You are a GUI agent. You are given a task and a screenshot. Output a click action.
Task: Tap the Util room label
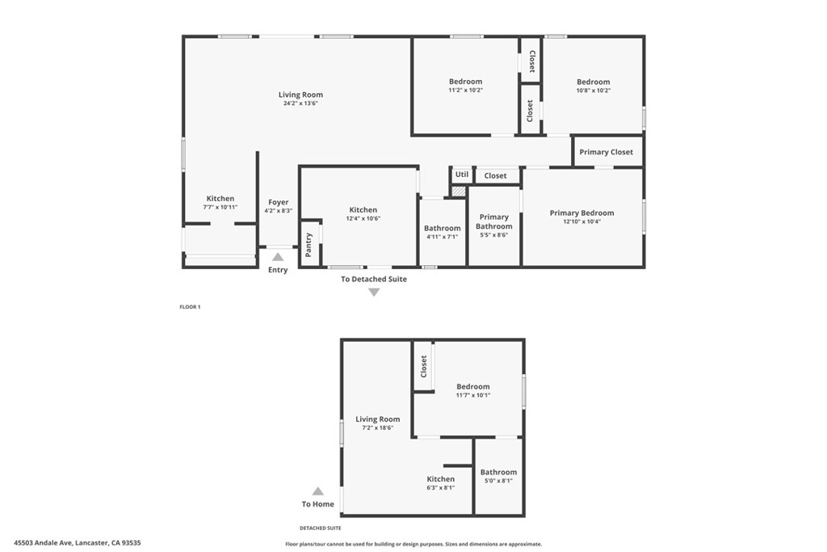coord(461,174)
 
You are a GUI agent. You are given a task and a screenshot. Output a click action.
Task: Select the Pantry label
coord(309,244)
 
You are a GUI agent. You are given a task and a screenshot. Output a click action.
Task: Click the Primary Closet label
coord(606,152)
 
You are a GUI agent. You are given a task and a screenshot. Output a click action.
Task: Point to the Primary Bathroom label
coord(493,221)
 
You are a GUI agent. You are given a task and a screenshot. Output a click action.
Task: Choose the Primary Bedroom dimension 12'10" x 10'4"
coord(581,221)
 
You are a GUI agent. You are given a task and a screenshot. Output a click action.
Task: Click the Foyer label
coord(278,203)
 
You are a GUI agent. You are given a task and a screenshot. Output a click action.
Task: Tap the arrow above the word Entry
coord(277,256)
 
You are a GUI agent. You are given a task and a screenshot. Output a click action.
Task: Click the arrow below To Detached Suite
coord(373,292)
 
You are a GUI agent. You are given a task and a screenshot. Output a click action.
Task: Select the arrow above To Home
coord(317,491)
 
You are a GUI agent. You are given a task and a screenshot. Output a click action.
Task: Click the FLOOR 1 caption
coord(190,306)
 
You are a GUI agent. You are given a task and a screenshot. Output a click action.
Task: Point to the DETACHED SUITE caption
coord(320,528)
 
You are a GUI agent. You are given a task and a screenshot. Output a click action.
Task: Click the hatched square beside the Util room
coord(459,191)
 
